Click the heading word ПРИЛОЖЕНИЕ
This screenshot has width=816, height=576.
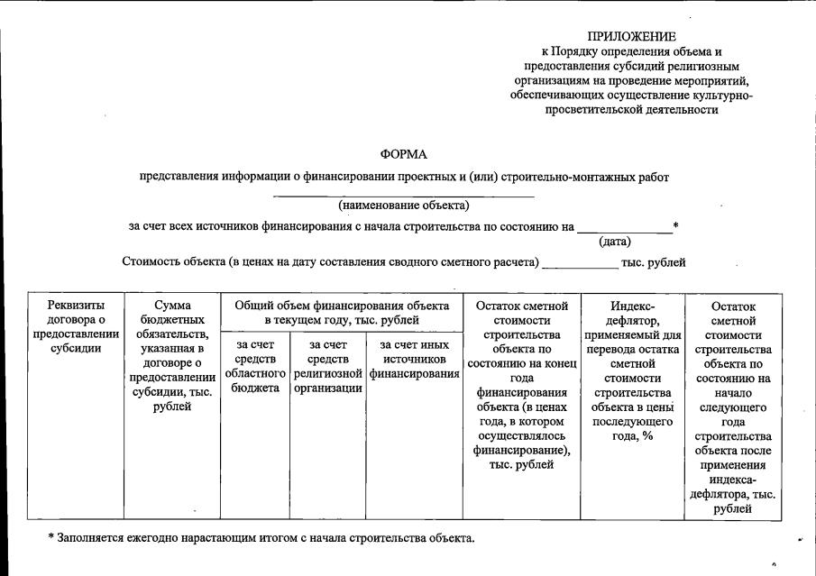pyautogui.click(x=631, y=37)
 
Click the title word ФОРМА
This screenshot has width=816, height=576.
pyautogui.click(x=404, y=155)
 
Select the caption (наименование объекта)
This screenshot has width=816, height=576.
pyautogui.click(x=404, y=205)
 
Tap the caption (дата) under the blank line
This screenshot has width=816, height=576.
pyautogui.click(x=615, y=242)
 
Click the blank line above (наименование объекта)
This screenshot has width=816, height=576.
pyautogui.click(x=404, y=195)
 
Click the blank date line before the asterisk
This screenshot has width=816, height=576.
pyautogui.click(x=624, y=232)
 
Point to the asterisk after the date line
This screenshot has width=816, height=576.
pyautogui.click(x=675, y=225)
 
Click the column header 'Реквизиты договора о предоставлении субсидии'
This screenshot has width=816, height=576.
pyautogui.click(x=76, y=327)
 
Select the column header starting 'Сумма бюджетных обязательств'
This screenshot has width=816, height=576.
pyautogui.click(x=172, y=356)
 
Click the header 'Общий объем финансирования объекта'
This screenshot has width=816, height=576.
pyautogui.click(x=342, y=313)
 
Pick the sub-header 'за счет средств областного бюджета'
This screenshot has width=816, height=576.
pyautogui.click(x=255, y=366)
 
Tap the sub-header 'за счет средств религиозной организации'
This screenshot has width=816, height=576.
pyautogui.click(x=328, y=366)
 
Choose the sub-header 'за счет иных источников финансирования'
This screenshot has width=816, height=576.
pyautogui.click(x=414, y=359)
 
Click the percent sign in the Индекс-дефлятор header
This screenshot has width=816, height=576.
pyautogui.click(x=647, y=436)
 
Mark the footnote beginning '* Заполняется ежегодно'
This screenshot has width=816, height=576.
pyautogui.click(x=261, y=538)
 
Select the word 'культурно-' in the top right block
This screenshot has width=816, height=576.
pyautogui.click(x=720, y=95)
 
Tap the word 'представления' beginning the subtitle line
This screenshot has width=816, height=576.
pyautogui.click(x=179, y=178)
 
